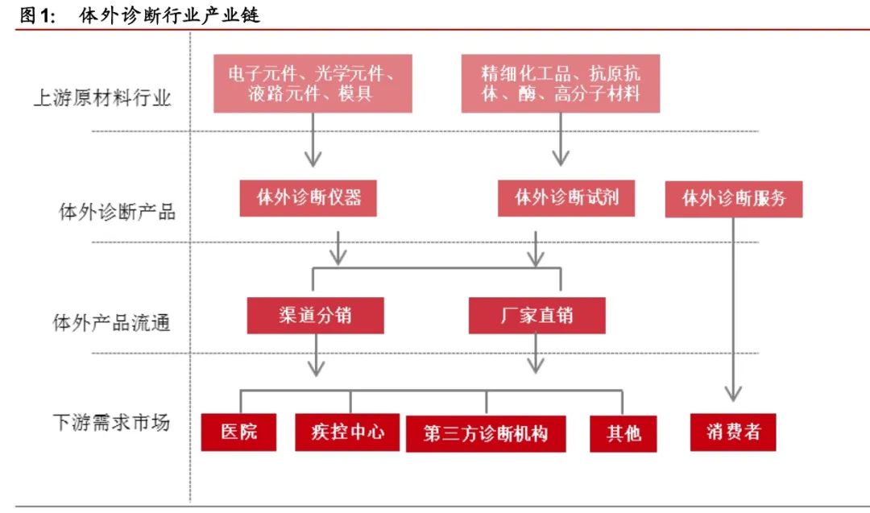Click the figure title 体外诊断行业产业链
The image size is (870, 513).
(x=170, y=15)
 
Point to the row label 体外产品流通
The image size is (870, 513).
(x=111, y=324)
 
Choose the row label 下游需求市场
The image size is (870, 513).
(x=111, y=422)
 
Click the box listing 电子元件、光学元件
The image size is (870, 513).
(x=313, y=83)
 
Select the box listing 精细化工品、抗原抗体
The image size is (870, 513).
(x=561, y=83)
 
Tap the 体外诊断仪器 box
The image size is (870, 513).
(x=309, y=197)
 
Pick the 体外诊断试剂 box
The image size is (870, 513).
(x=566, y=197)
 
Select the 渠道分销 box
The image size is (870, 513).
(x=315, y=315)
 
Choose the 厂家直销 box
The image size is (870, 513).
(x=536, y=315)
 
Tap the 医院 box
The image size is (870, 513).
(x=239, y=432)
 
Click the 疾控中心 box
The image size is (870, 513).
(x=347, y=432)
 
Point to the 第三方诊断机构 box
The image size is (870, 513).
(x=486, y=433)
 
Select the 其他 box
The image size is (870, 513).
(x=623, y=433)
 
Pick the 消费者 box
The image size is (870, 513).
(x=732, y=432)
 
